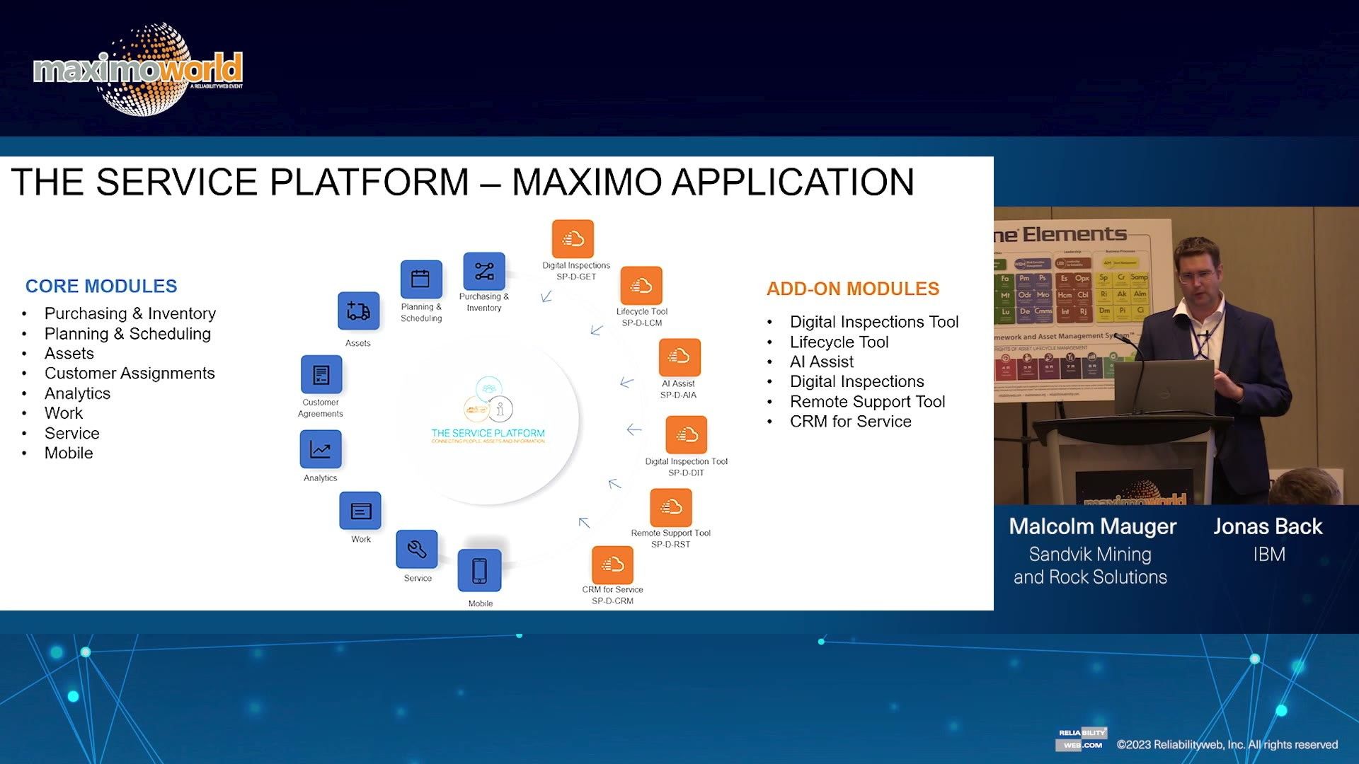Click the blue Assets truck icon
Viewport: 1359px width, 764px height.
click(x=358, y=311)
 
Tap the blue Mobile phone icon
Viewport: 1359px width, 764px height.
click(x=479, y=570)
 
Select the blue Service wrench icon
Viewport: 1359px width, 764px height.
click(x=416, y=549)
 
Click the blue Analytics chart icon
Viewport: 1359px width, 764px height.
click(x=321, y=449)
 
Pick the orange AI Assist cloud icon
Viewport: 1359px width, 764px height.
click(x=679, y=357)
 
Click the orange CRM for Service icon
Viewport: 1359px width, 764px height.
click(x=612, y=565)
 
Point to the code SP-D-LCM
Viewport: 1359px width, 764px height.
click(x=642, y=323)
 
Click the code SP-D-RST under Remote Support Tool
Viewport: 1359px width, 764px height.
click(x=670, y=545)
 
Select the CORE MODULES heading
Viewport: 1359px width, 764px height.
click(x=101, y=286)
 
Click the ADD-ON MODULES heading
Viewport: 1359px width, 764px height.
click(x=853, y=289)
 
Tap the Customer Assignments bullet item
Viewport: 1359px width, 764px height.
click(x=130, y=374)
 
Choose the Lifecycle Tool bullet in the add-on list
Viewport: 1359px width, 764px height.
click(x=839, y=342)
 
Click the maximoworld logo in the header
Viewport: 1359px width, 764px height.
click(x=139, y=69)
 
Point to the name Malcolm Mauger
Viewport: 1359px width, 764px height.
click(x=1092, y=527)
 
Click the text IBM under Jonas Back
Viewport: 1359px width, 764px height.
click(x=1268, y=555)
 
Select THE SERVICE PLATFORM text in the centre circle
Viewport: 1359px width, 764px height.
click(x=488, y=433)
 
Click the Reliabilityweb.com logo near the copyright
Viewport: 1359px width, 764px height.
click(x=1081, y=739)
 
